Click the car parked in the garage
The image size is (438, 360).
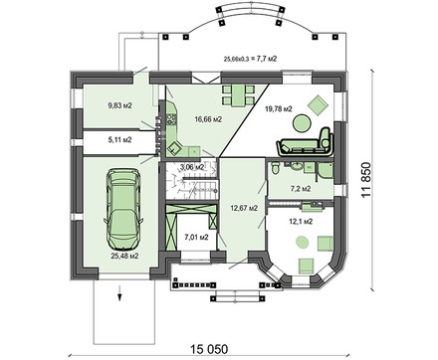[x=123, y=209]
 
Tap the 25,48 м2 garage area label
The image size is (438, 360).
[x=124, y=256]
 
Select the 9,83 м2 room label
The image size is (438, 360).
[x=119, y=105]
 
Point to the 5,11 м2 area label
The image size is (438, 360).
[x=119, y=140]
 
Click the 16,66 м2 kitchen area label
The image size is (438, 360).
[x=208, y=119]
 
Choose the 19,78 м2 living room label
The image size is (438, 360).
[x=279, y=108]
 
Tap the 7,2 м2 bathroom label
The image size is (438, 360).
[x=301, y=189]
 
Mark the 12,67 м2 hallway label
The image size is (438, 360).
[x=244, y=208]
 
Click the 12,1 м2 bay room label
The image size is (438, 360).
[x=301, y=222]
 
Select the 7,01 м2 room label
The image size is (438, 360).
[x=196, y=237]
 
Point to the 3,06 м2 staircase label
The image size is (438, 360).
[x=192, y=167]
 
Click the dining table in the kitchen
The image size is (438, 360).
[x=238, y=95]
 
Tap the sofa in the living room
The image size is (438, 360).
[x=305, y=143]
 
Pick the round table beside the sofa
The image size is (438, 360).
[x=302, y=123]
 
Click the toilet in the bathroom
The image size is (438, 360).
[x=275, y=168]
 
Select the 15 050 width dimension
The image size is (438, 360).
[x=209, y=349]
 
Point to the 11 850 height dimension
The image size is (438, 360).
[x=365, y=180]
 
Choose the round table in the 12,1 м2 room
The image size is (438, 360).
[x=303, y=243]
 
